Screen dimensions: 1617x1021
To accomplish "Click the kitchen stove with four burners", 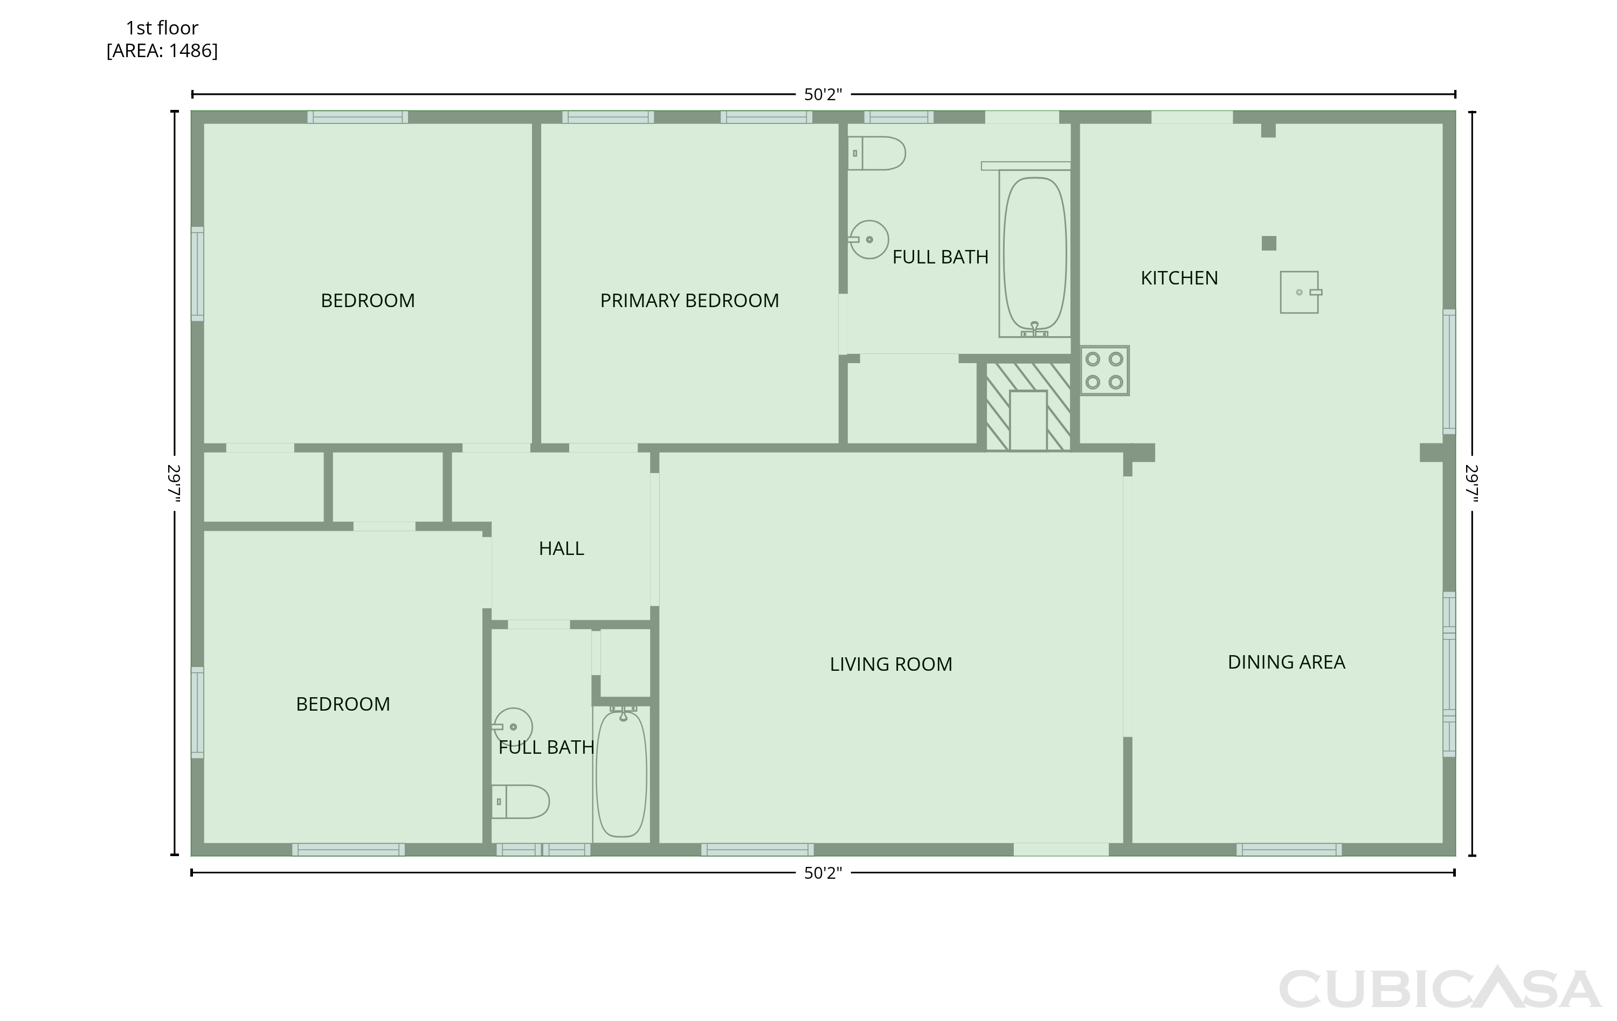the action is coord(1104,371).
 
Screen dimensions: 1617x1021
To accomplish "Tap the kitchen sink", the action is coord(1300,292).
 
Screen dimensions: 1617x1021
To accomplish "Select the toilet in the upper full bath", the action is coord(876,153).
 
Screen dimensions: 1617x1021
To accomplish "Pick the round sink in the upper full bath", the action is coord(869,240).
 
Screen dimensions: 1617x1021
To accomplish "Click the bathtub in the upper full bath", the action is coord(1035,253).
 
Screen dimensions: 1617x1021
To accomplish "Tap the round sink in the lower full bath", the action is coord(513,727).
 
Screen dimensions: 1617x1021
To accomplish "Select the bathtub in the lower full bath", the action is coord(622,773).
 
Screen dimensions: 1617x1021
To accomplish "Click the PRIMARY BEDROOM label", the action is coord(689,300).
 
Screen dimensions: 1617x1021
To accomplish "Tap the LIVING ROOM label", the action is coord(891,664).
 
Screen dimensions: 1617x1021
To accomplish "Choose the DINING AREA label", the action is coord(1287,662).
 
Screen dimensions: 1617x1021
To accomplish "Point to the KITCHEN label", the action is coord(1179,278).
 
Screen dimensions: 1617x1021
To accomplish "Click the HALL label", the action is coord(562,548).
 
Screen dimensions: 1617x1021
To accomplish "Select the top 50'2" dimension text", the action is coord(823,95).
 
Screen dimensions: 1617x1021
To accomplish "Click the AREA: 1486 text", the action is coord(162,50).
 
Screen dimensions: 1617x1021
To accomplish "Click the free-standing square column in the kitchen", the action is coord(1268,243).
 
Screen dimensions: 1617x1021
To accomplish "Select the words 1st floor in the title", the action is coord(162,28).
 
